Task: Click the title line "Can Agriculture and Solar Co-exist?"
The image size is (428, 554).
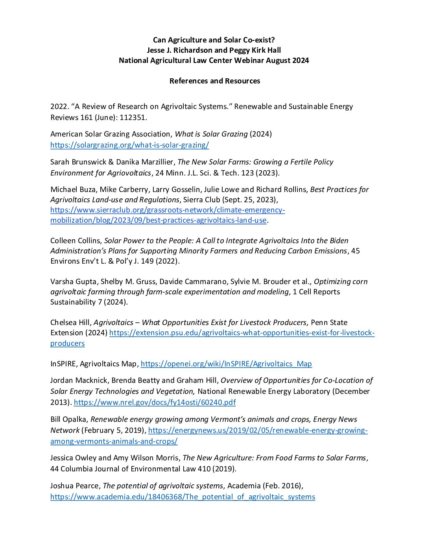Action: pos(214,40)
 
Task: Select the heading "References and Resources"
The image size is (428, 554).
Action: pos(214,81)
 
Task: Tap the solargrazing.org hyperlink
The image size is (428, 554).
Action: pos(129,145)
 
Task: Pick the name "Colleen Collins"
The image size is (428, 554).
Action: pos(76,240)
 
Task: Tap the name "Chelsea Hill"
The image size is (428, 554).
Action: pos(71,322)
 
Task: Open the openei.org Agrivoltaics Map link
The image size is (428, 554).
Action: pos(226,364)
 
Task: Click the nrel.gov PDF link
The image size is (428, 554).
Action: pos(155,402)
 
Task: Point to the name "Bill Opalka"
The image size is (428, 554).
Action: pos(69,419)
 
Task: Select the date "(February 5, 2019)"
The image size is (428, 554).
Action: pos(114,430)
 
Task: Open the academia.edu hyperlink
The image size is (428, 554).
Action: pos(183,497)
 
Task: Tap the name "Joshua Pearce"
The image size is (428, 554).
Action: pos(76,486)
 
